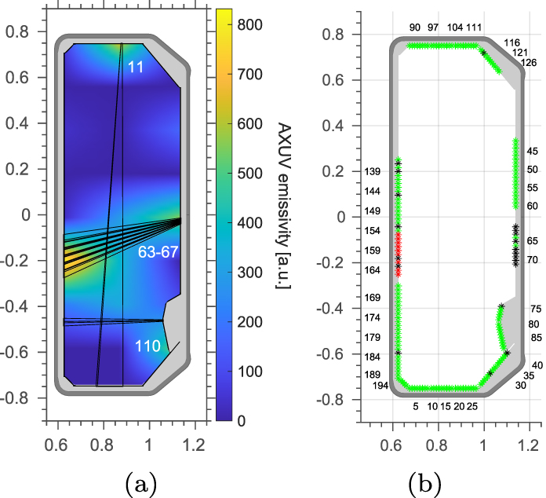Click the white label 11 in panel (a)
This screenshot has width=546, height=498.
(x=136, y=68)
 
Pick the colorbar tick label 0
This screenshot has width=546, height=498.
(x=242, y=420)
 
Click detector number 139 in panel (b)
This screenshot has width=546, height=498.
(x=373, y=172)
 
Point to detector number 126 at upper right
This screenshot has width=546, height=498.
(x=528, y=63)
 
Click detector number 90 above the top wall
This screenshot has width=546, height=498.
(x=415, y=27)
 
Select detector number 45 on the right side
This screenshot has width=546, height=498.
(x=533, y=151)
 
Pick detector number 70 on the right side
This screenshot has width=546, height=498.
(x=533, y=259)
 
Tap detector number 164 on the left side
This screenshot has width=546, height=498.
(x=373, y=270)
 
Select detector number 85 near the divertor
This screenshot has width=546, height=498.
(x=537, y=339)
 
